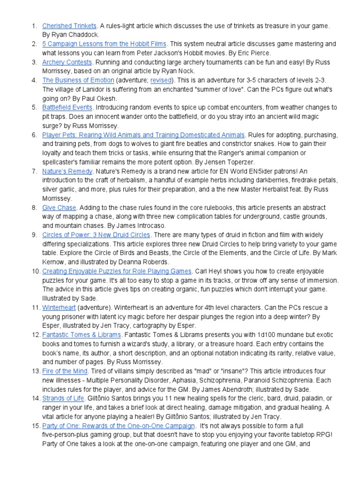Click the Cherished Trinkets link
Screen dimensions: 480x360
[69, 26]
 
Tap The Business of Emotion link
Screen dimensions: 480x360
[78, 80]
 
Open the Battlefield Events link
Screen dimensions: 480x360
[66, 107]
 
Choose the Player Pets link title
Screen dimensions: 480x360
[143, 135]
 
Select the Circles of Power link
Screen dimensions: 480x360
[96, 234]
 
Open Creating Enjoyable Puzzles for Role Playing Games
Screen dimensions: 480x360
[117, 271]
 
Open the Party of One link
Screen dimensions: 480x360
[118, 426]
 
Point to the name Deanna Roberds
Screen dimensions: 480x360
[145, 262]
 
